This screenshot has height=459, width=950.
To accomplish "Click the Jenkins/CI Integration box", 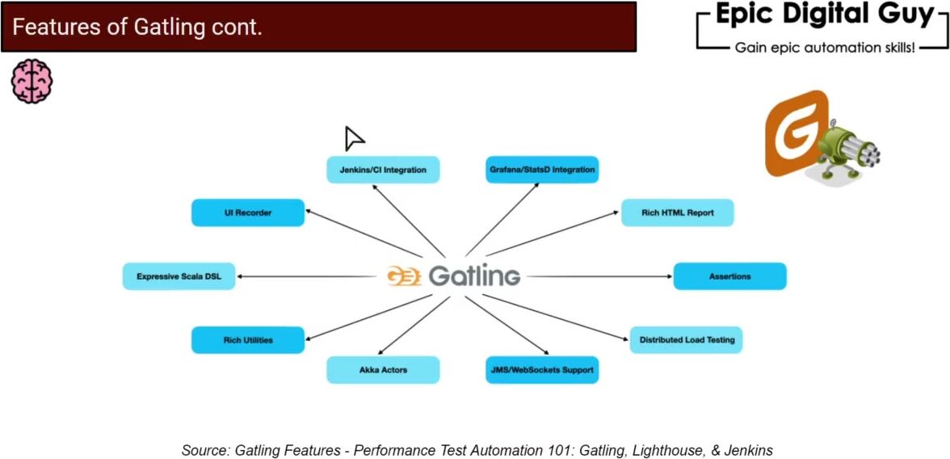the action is click(383, 170).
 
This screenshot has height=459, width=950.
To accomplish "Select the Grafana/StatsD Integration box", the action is click(541, 170).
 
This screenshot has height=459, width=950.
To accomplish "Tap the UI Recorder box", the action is click(248, 213).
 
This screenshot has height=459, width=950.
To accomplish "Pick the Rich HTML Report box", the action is click(677, 213).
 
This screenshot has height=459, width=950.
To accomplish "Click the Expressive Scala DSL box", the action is click(179, 276).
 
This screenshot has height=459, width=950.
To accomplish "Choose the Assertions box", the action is click(729, 276).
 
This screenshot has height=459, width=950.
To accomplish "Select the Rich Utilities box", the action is click(248, 340).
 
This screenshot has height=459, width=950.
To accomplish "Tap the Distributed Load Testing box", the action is click(687, 340).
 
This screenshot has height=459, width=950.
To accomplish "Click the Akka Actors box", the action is click(383, 370).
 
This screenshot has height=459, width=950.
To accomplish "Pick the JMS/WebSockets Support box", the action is click(541, 370).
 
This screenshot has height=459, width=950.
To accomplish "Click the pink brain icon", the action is click(32, 81).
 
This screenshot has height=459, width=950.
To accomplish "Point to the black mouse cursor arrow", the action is click(353, 138).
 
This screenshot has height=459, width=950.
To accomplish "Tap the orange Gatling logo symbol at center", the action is click(404, 276).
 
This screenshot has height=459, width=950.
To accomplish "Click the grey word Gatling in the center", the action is click(474, 276).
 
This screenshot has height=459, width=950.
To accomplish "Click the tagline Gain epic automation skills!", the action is click(825, 48).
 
